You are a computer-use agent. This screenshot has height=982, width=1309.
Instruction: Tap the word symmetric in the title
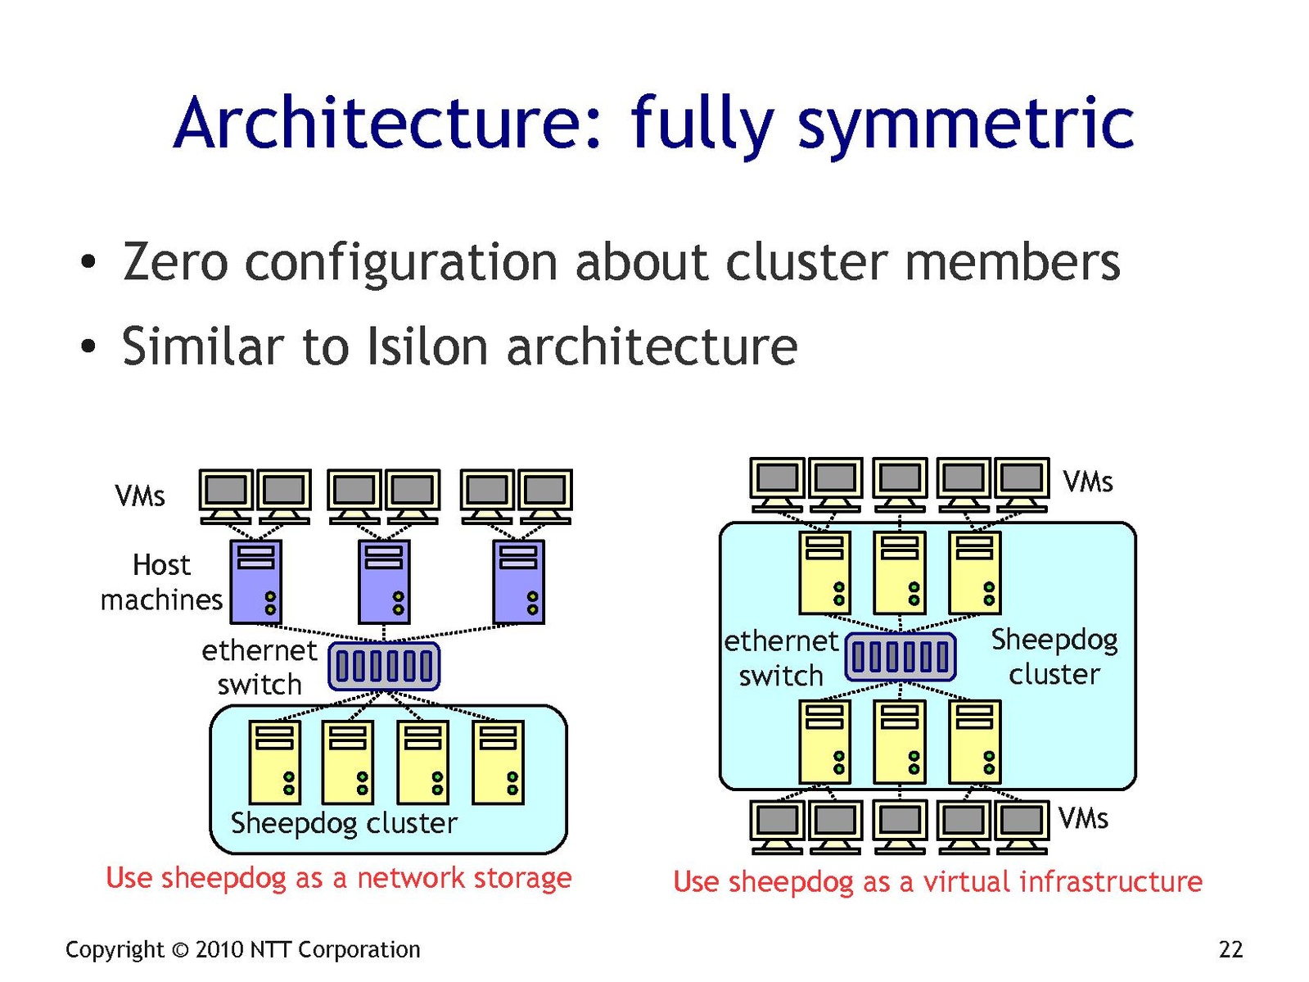(x=966, y=124)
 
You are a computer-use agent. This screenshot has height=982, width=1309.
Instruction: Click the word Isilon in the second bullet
(x=427, y=346)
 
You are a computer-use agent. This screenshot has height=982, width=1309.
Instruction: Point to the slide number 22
(x=1230, y=949)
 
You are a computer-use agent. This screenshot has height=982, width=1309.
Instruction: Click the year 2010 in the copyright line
(x=219, y=949)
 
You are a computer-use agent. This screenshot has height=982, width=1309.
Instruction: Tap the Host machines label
(x=161, y=582)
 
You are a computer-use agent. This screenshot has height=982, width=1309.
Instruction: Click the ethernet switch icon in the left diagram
(x=384, y=666)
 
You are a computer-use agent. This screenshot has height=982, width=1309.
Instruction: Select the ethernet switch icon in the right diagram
(x=900, y=656)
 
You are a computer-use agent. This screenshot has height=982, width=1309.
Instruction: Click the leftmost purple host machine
(x=256, y=582)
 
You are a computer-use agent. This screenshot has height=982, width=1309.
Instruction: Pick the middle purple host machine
(x=384, y=582)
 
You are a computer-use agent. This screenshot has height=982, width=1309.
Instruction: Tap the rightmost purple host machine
(x=518, y=582)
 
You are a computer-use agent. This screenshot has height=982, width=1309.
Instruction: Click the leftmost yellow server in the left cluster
(x=274, y=762)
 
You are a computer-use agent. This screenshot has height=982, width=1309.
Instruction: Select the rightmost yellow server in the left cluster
(x=498, y=762)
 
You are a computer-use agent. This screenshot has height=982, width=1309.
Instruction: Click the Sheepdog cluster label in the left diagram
(x=344, y=822)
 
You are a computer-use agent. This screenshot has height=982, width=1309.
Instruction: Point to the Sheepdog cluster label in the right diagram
(x=1054, y=656)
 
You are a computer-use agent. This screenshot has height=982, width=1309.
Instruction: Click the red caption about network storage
(x=339, y=878)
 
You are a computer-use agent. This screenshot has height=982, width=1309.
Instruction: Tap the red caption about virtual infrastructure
(x=937, y=882)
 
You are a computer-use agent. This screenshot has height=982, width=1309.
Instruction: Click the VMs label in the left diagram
(x=140, y=496)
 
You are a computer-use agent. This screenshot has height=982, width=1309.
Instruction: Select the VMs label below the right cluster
(x=1083, y=818)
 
